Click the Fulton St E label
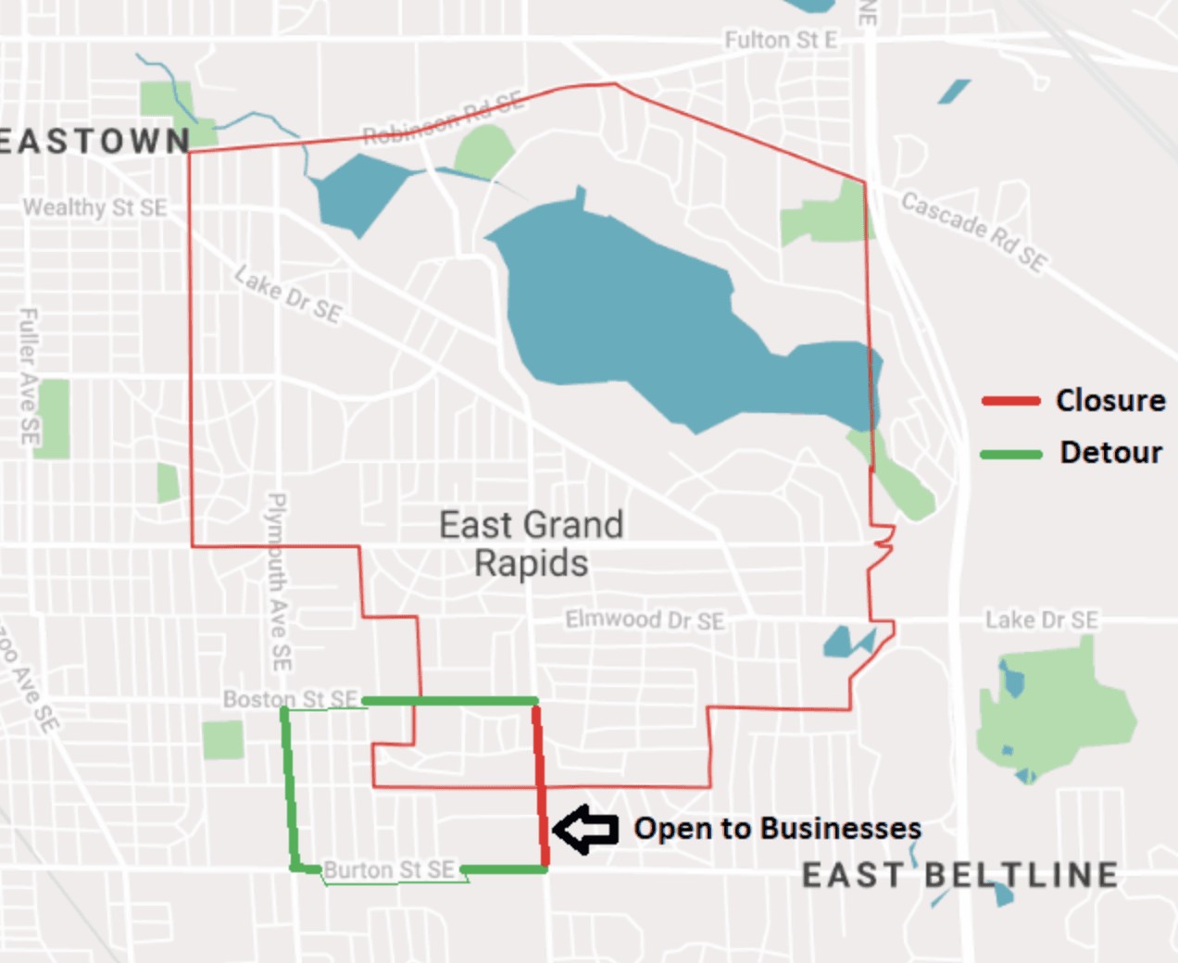pyautogui.click(x=781, y=40)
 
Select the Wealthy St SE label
pyautogui.click(x=95, y=207)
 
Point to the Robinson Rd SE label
pyautogui.click(x=443, y=120)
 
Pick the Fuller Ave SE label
pyautogui.click(x=30, y=375)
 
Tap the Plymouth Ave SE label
pyautogui.click(x=278, y=582)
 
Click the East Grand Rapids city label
pyautogui.click(x=531, y=544)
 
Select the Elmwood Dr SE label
pyautogui.click(x=645, y=619)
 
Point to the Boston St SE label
pyautogui.click(x=290, y=698)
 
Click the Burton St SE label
pyautogui.click(x=389, y=869)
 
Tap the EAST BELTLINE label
pyautogui.click(x=959, y=875)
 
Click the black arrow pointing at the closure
pyautogui.click(x=585, y=829)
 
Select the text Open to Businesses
pyautogui.click(x=777, y=828)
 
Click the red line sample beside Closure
pyautogui.click(x=1010, y=401)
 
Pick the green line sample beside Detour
pyautogui.click(x=1010, y=454)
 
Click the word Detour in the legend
pyautogui.click(x=1110, y=453)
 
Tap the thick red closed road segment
pyautogui.click(x=540, y=787)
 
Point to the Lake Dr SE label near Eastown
pyautogui.click(x=288, y=294)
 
